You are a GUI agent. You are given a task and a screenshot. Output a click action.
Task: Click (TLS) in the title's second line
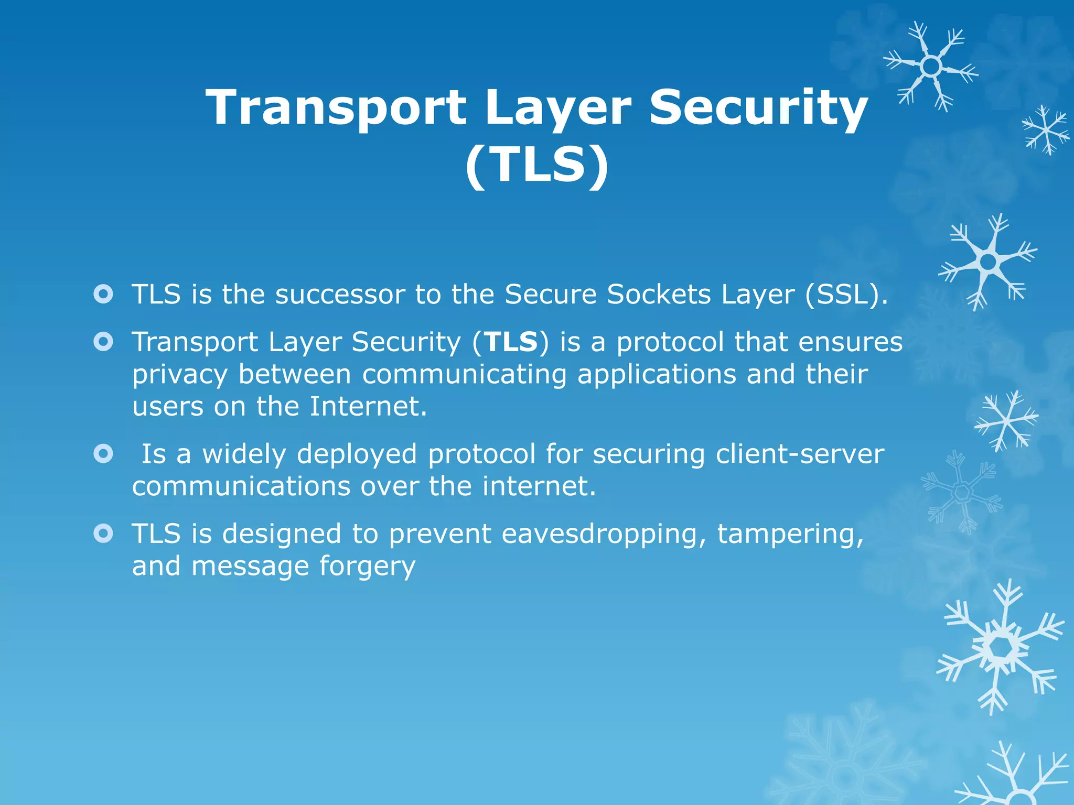pyautogui.click(x=537, y=165)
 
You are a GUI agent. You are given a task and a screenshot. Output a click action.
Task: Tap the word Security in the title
pyautogui.click(x=758, y=107)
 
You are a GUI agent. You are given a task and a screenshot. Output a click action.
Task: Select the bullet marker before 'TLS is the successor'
pyautogui.click(x=103, y=294)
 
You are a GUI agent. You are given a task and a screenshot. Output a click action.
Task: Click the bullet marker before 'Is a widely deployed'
pyautogui.click(x=103, y=454)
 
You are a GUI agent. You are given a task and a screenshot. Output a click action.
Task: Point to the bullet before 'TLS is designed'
pyautogui.click(x=103, y=534)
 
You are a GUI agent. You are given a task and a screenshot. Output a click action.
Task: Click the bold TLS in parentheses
pyautogui.click(x=511, y=342)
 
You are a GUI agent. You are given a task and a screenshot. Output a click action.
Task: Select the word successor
pyautogui.click(x=340, y=295)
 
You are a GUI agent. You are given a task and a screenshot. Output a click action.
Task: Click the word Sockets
pyautogui.click(x=659, y=295)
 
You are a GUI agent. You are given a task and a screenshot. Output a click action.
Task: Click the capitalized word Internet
pyautogui.click(x=368, y=407)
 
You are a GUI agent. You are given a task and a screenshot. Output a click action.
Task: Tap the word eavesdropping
pyautogui.click(x=604, y=535)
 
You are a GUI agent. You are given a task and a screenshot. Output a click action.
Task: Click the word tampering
pyautogui.click(x=790, y=535)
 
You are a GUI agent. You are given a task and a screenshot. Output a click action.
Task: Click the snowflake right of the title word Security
pyautogui.click(x=931, y=67)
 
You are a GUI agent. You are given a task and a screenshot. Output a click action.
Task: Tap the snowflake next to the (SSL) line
pyautogui.click(x=987, y=262)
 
